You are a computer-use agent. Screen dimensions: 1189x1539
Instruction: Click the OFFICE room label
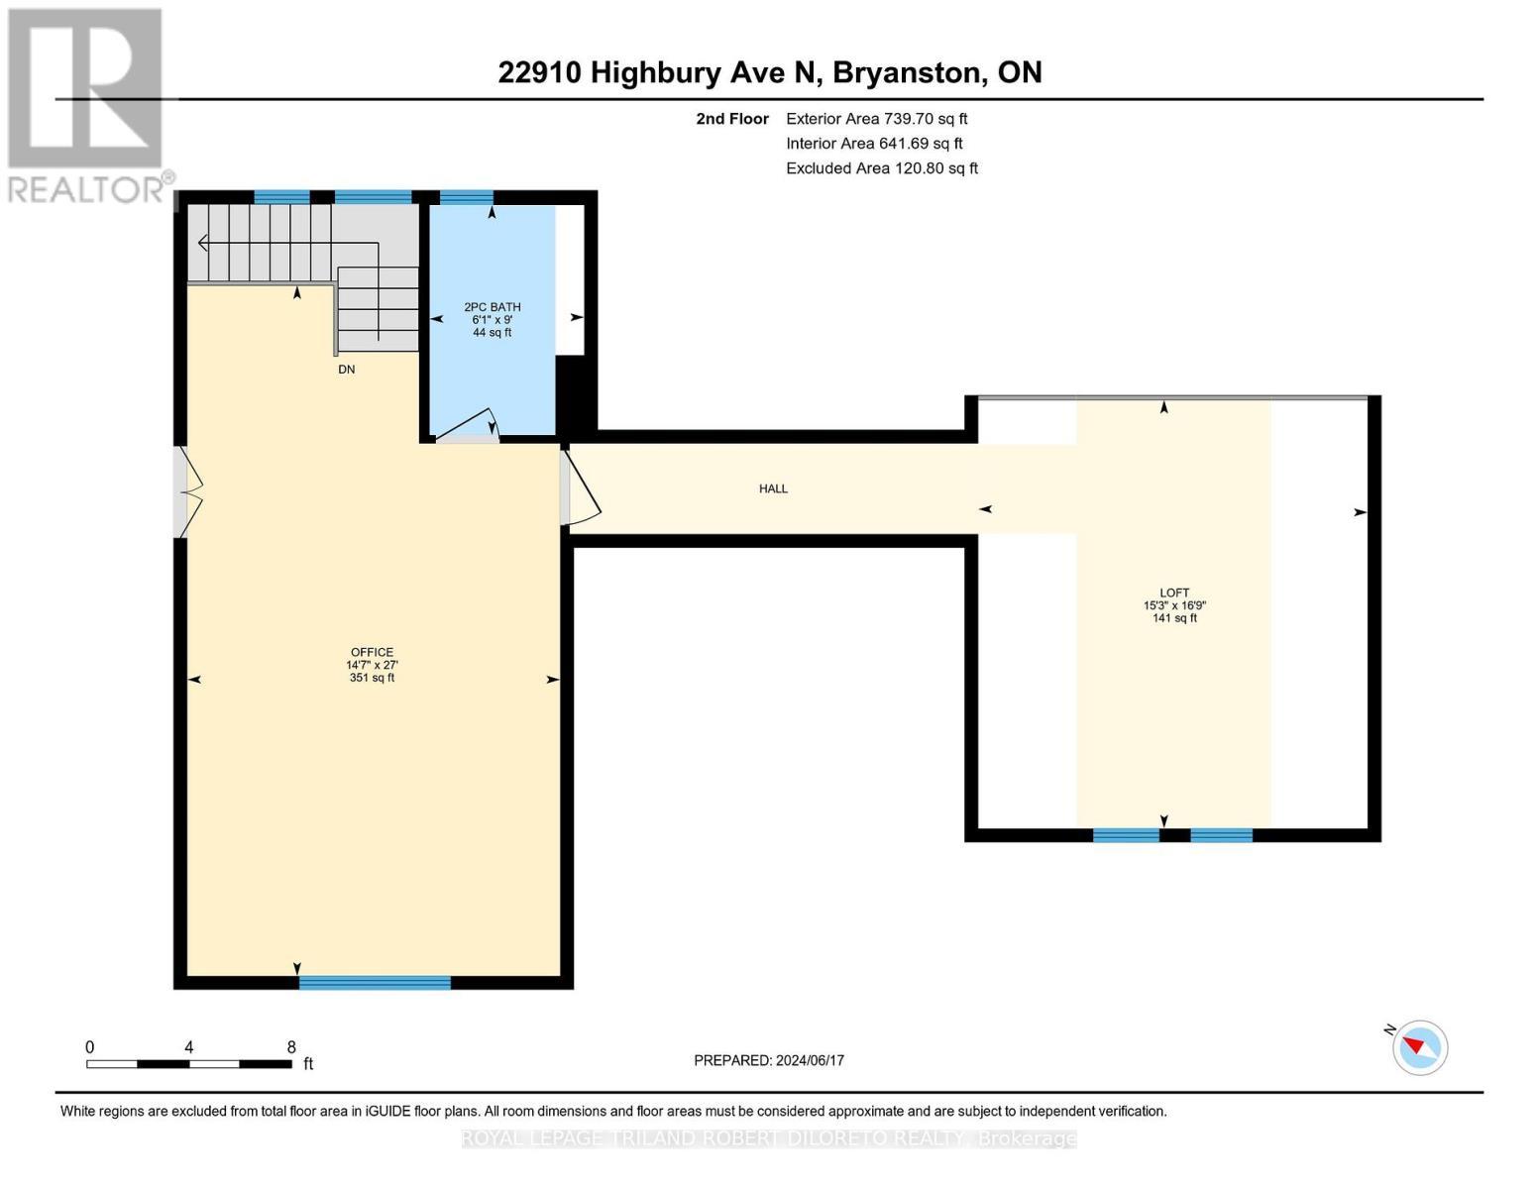pyautogui.click(x=372, y=652)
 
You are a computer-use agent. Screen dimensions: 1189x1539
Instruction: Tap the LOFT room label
pyautogui.click(x=1174, y=593)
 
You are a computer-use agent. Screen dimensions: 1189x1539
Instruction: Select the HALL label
pyautogui.click(x=773, y=488)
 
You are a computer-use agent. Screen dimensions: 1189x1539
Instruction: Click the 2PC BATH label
pyautogui.click(x=493, y=307)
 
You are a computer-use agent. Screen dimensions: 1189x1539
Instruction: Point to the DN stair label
pyautogui.click(x=346, y=370)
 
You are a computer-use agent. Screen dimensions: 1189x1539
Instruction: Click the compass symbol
pyautogui.click(x=1419, y=1046)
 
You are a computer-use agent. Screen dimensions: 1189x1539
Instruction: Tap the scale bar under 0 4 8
pyautogui.click(x=188, y=1064)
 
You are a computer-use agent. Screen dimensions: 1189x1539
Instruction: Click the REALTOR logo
pyautogui.click(x=86, y=105)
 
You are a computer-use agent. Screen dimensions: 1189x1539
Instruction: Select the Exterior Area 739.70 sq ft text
pyautogui.click(x=876, y=119)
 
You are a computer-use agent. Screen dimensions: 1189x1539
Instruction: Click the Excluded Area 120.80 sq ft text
pyautogui.click(x=881, y=168)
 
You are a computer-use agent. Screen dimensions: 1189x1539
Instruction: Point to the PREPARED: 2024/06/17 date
pyautogui.click(x=769, y=1060)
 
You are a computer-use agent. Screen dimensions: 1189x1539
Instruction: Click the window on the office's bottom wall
pyautogui.click(x=375, y=983)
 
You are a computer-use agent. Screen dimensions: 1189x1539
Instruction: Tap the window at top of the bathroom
pyautogui.click(x=466, y=197)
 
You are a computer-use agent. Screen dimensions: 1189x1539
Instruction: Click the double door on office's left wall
pyautogui.click(x=190, y=491)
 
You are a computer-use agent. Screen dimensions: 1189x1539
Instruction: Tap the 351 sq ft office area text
pyautogui.click(x=372, y=678)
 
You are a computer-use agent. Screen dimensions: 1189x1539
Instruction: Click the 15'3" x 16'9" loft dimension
pyautogui.click(x=1174, y=605)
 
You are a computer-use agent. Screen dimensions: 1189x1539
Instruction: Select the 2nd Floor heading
pyautogui.click(x=732, y=119)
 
